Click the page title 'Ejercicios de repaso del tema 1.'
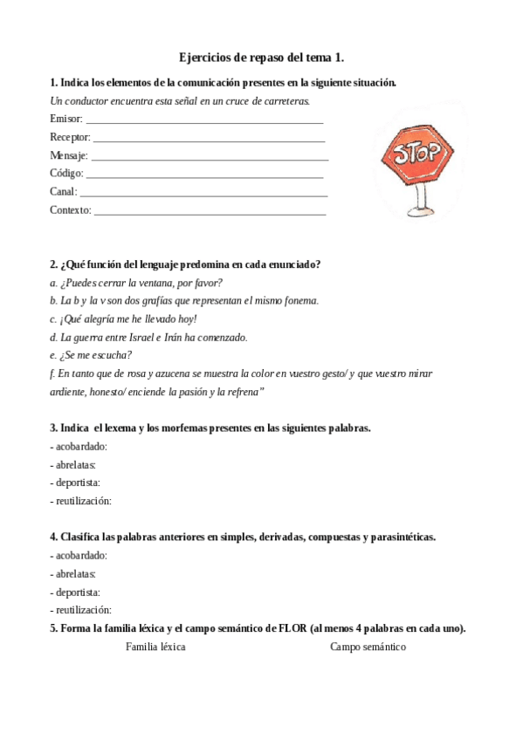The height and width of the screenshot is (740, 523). pyautogui.click(x=261, y=58)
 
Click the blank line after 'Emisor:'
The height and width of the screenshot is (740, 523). pyautogui.click(x=204, y=120)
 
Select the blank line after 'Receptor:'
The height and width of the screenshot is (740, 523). pyautogui.click(x=209, y=138)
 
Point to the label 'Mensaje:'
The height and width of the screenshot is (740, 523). pyautogui.click(x=69, y=155)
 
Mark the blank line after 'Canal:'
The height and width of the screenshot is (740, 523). pyautogui.click(x=203, y=192)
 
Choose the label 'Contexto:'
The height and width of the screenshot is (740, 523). pyautogui.click(x=71, y=210)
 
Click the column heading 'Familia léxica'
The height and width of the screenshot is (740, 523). pyautogui.click(x=155, y=647)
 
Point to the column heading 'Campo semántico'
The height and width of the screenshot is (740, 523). pyautogui.click(x=368, y=647)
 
